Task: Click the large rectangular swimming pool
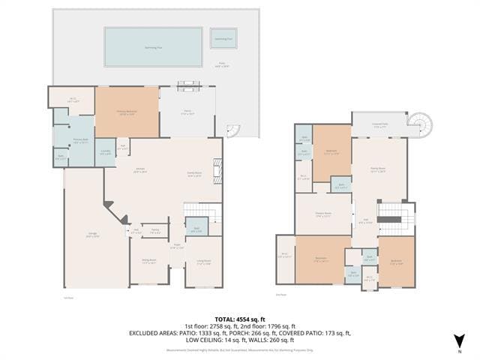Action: (x=153, y=46)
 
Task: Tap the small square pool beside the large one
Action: (x=223, y=38)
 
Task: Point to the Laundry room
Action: (x=104, y=152)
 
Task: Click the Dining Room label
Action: (x=148, y=261)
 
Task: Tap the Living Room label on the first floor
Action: (x=203, y=261)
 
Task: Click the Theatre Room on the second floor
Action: (x=322, y=214)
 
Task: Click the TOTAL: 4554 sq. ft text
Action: (x=239, y=319)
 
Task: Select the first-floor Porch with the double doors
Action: (x=188, y=112)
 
